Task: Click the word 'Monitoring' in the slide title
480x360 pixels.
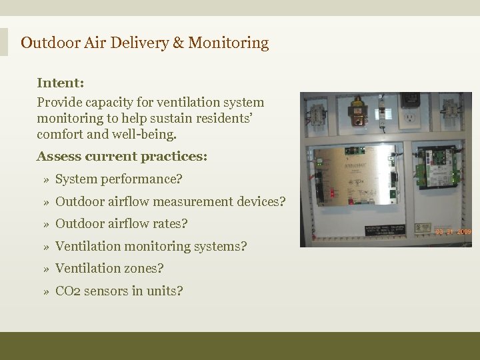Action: (229, 43)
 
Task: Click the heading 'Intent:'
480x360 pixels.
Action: (60, 83)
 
